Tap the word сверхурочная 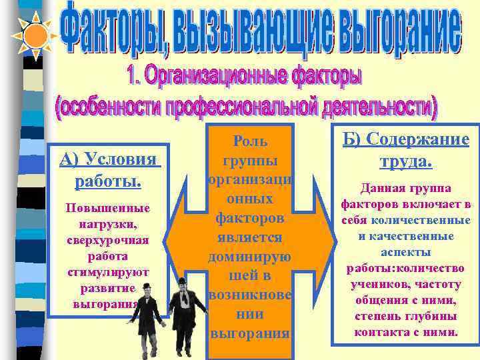[108, 240]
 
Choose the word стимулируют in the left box [108, 272]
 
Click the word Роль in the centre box [250, 141]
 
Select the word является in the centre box [250, 237]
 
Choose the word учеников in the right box [376, 283]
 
